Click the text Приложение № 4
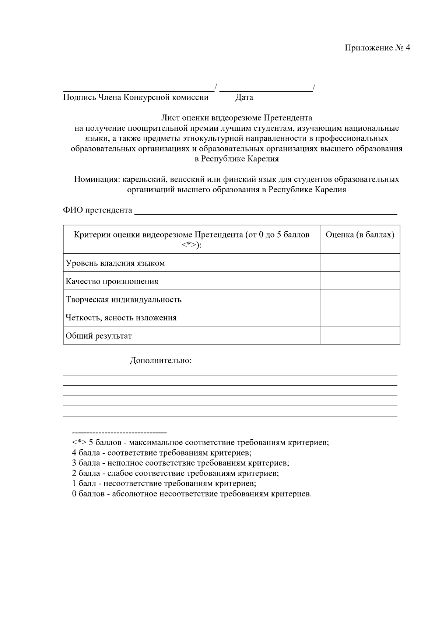pos(377,48)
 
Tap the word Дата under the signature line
pos(244,98)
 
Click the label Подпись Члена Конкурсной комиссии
pos(136,98)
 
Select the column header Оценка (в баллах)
pos(359,235)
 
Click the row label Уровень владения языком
pos(115,263)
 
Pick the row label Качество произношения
pos(112,281)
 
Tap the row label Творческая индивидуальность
pos(123,299)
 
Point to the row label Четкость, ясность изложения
pos(121,317)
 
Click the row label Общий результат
pos(98,336)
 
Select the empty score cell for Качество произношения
pos(359,281)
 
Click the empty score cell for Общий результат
pos(359,336)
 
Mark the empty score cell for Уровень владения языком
pos(359,263)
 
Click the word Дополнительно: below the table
pos(161,361)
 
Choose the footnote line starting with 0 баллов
pos(192,494)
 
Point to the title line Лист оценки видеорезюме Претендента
pos(236,118)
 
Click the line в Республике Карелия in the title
pos(236,159)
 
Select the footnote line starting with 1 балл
pos(164,484)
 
